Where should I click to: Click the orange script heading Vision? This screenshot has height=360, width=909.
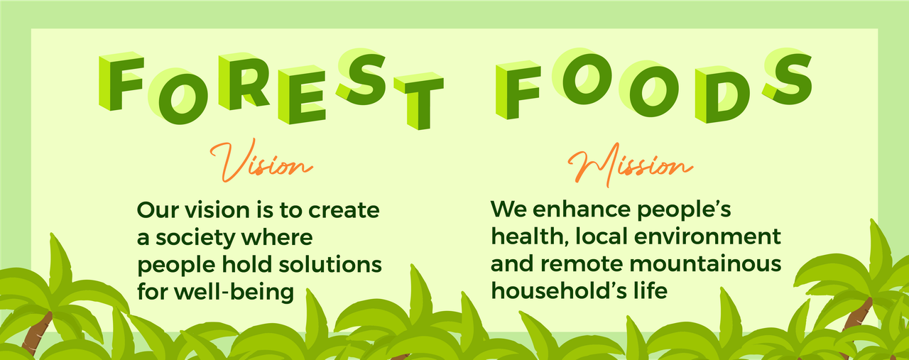261,161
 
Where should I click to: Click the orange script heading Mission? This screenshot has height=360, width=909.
630,165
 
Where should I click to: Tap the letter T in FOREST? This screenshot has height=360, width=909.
419,102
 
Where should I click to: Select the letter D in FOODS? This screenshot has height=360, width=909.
722,94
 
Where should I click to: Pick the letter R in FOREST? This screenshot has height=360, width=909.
244,82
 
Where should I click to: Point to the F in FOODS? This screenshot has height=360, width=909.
518,90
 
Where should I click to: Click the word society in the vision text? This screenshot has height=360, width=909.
193,238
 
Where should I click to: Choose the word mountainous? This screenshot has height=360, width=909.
705,264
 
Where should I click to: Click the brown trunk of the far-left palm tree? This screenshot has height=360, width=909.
36,333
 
